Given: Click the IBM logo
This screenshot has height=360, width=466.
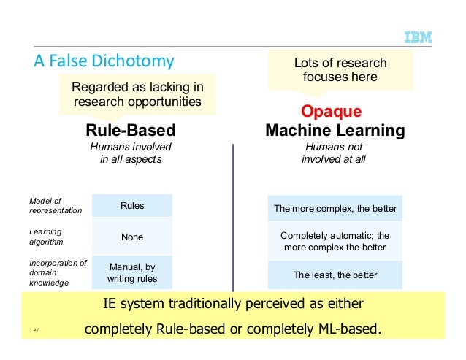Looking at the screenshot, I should (418, 37).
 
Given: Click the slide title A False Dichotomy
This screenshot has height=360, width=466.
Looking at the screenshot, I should (104, 60).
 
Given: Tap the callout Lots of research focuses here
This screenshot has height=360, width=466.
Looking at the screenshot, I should (340, 70).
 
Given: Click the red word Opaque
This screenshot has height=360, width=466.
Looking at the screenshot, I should (332, 112).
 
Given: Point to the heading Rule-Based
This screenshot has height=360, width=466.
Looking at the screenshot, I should (131, 131).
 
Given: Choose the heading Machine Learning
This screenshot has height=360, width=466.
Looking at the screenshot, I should (335, 131).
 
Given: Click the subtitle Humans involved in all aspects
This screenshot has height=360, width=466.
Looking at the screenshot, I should (131, 153).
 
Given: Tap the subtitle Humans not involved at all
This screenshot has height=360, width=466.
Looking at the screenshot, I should (334, 153).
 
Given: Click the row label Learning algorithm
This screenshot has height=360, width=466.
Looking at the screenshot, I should (46, 236).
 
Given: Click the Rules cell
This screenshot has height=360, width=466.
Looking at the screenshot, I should (132, 206).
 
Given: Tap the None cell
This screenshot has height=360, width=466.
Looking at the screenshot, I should (132, 237).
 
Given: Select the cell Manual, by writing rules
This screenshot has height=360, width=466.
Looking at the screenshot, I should (132, 272).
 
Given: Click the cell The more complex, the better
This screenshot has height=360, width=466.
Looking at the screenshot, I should (335, 209).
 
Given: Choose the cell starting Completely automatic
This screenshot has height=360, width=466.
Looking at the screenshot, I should (335, 242).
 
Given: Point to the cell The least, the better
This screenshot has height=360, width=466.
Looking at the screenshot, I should (335, 275).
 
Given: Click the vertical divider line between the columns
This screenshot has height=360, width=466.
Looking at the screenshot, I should (233, 219).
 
